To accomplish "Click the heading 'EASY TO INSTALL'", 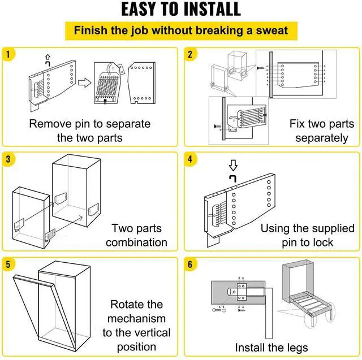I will [181, 10].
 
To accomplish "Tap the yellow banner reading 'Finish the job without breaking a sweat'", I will [181, 31].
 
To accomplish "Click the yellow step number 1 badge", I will [8, 55].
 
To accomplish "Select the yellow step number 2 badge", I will [190, 55].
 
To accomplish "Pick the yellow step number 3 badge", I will [8, 159].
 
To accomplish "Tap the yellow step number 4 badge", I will [190, 159].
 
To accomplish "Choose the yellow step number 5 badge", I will [8, 264].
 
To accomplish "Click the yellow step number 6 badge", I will [190, 264].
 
